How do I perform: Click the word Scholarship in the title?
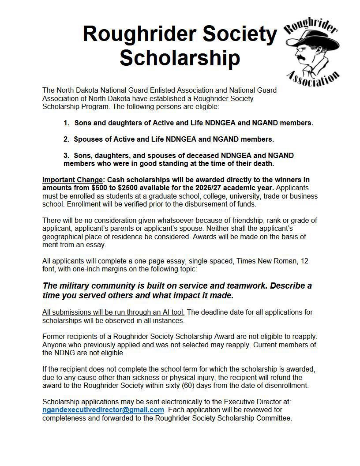180,58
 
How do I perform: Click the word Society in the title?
232,34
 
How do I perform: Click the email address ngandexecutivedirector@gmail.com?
103,410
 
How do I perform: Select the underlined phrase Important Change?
72,180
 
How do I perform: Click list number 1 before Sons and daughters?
66,123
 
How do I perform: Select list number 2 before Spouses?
66,139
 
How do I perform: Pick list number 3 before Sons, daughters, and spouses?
66,155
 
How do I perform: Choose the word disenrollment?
286,385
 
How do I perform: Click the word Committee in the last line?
274,418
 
